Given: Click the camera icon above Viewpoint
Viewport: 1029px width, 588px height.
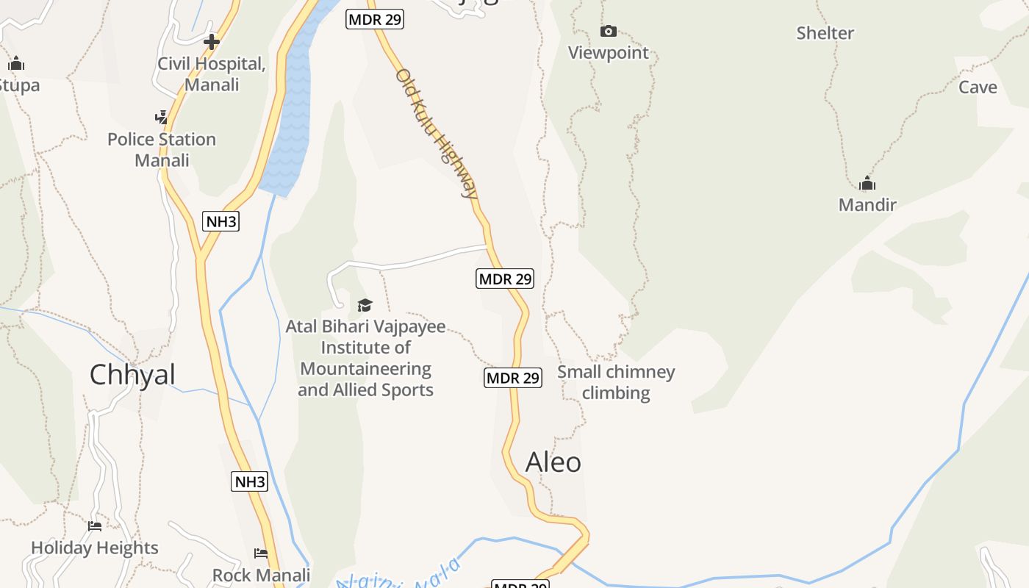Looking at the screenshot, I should (609, 31).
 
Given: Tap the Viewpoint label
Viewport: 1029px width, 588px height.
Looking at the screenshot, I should (609, 53).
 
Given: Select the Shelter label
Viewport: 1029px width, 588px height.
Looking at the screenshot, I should (825, 33).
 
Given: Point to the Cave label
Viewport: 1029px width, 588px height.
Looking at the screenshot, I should (978, 87).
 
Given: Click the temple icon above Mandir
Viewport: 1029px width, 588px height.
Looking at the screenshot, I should (867, 183).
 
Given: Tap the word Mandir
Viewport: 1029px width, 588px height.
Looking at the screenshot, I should (867, 204).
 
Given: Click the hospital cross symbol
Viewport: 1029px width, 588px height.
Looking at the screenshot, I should (212, 42).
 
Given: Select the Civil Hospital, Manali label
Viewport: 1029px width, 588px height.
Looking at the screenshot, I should (212, 74).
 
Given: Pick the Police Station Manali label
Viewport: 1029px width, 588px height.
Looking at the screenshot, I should (162, 149).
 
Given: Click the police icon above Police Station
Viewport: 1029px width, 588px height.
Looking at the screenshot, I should (162, 118).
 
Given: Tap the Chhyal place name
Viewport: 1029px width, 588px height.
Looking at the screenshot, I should (132, 375).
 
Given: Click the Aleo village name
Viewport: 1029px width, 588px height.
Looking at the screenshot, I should (553, 462).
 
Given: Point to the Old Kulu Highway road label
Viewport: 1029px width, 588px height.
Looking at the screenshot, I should (437, 134).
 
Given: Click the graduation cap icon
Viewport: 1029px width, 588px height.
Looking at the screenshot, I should (365, 305).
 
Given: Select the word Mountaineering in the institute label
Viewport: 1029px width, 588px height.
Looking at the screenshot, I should (365, 368).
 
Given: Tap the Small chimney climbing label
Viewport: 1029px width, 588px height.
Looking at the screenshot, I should (616, 382).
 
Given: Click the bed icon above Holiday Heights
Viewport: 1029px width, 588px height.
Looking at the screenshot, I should (95, 526).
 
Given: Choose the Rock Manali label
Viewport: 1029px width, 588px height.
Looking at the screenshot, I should (261, 575).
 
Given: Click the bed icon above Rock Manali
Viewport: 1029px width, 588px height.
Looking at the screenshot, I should (261, 553).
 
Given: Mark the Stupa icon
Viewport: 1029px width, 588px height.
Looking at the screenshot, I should (16, 64).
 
